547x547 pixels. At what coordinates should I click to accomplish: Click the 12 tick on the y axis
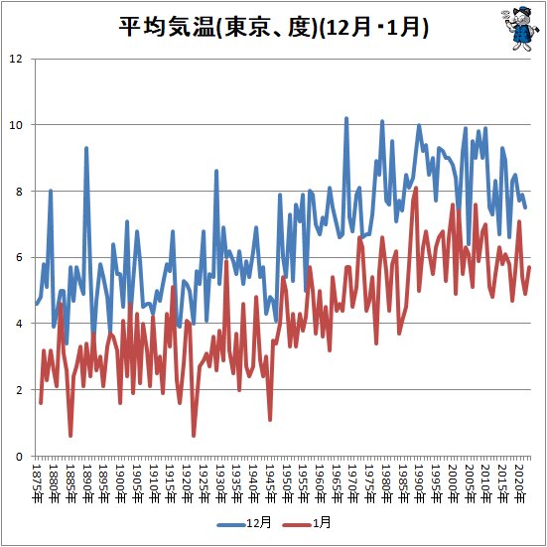tap(16, 59)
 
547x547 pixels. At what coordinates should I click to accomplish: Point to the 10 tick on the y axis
tap(16, 125)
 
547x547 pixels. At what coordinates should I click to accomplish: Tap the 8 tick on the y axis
tap(19, 192)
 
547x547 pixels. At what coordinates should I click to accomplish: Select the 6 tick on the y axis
tap(19, 257)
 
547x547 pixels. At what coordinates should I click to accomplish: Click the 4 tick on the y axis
tap(19, 324)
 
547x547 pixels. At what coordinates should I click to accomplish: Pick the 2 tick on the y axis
tap(19, 390)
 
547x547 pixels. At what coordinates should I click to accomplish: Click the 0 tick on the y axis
tap(19, 457)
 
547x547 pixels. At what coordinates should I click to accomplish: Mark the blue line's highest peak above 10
tap(346, 118)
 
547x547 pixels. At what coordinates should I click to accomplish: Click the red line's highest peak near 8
tap(415, 188)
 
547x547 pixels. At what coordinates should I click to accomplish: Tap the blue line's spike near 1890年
tap(86, 148)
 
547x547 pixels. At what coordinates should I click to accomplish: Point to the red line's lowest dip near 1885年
tap(70, 435)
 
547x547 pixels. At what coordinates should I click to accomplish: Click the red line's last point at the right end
tap(530, 267)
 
